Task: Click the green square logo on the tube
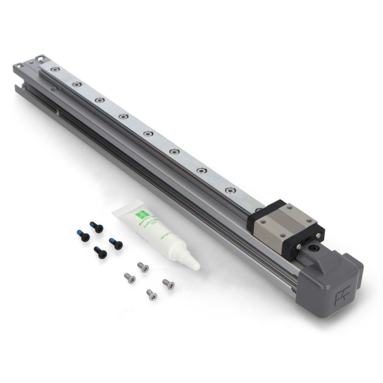[142, 214]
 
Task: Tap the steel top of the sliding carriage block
[286, 224]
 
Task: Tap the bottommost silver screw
[152, 294]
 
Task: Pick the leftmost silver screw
[128, 277]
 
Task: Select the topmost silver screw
[142, 266]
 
